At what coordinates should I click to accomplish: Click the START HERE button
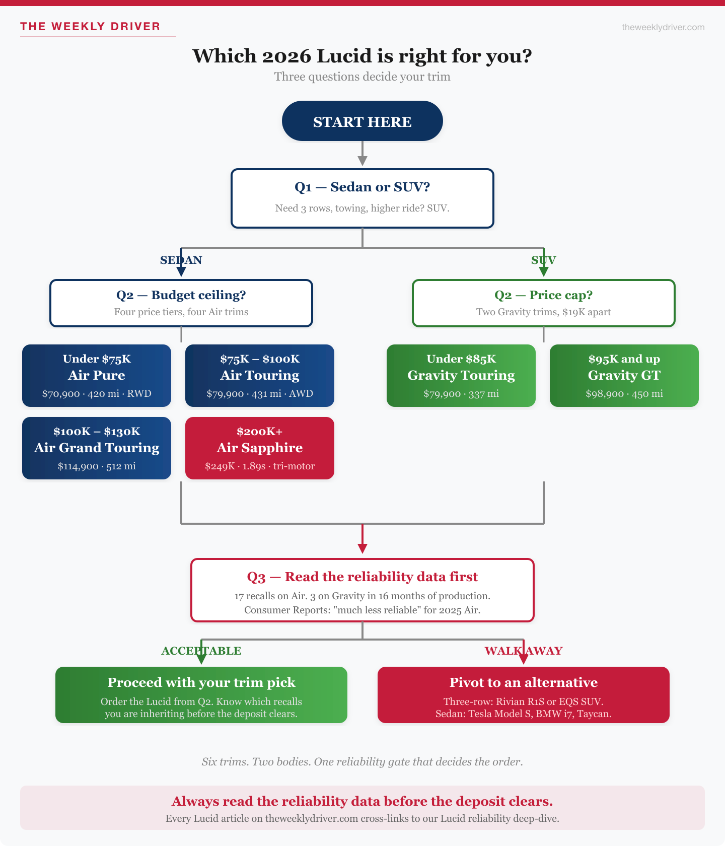[x=362, y=121]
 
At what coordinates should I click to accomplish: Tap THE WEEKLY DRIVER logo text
[x=90, y=27]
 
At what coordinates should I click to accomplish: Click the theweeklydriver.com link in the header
[x=663, y=27]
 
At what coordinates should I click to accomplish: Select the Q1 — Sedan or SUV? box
[x=362, y=198]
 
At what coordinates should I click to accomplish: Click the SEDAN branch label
[x=181, y=260]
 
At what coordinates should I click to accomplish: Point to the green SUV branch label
[x=543, y=260]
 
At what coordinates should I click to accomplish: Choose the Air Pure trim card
[x=97, y=375]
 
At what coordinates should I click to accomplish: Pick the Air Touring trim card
[x=260, y=375]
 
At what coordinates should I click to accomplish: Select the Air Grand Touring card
[x=97, y=448]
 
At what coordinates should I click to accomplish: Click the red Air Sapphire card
[x=260, y=448]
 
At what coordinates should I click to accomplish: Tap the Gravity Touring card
[x=461, y=375]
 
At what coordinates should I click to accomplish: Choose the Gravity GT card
[x=624, y=375]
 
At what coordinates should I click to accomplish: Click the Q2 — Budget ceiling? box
[x=181, y=303]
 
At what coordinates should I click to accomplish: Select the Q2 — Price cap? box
[x=543, y=303]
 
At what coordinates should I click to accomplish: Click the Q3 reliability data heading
[x=362, y=577]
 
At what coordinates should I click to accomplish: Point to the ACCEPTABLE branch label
[x=201, y=651]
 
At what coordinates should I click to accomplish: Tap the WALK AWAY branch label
[x=523, y=651]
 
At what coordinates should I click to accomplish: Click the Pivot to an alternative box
[x=523, y=694]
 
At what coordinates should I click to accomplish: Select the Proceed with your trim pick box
[x=201, y=694]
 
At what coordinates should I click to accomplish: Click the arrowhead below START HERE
[x=362, y=161]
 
